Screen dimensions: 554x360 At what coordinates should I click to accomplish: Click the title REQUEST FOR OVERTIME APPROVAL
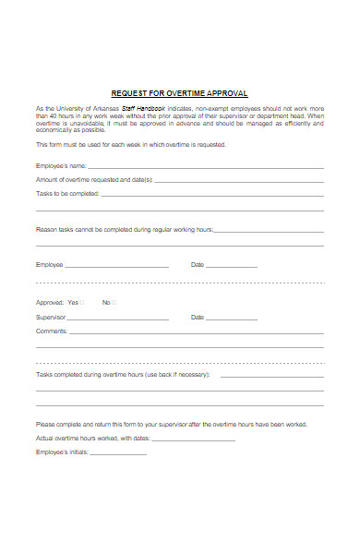(x=180, y=92)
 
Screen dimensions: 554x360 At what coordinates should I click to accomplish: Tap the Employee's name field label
(x=61, y=166)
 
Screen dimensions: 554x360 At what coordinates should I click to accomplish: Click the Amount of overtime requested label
(x=94, y=180)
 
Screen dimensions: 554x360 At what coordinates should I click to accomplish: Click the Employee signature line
(x=117, y=266)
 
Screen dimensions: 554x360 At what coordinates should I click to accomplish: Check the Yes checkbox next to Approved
(x=82, y=302)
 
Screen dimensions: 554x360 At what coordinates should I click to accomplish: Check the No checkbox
(x=114, y=302)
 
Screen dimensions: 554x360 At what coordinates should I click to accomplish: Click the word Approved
(x=48, y=302)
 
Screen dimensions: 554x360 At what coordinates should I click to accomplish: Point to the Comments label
(x=51, y=331)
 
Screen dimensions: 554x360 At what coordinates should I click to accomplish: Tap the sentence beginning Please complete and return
(x=172, y=424)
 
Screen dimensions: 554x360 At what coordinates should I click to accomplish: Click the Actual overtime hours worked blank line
(x=193, y=440)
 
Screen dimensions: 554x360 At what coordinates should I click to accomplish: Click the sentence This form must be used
(x=130, y=145)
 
